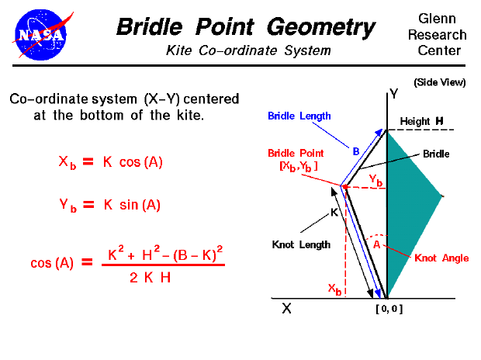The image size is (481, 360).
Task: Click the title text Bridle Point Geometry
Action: point(246,28)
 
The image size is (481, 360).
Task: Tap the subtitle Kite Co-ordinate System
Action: point(248,51)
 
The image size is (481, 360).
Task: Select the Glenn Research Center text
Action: point(442,35)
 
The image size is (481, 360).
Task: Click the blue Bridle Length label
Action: point(299,116)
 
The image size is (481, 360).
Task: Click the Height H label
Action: point(421,122)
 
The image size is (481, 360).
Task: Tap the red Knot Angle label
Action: point(441,258)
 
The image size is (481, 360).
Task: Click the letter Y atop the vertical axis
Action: point(394,94)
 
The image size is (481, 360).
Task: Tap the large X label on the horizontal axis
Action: point(286,308)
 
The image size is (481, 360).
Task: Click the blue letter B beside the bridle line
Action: point(356,152)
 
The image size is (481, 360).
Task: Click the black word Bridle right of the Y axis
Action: point(431,154)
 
